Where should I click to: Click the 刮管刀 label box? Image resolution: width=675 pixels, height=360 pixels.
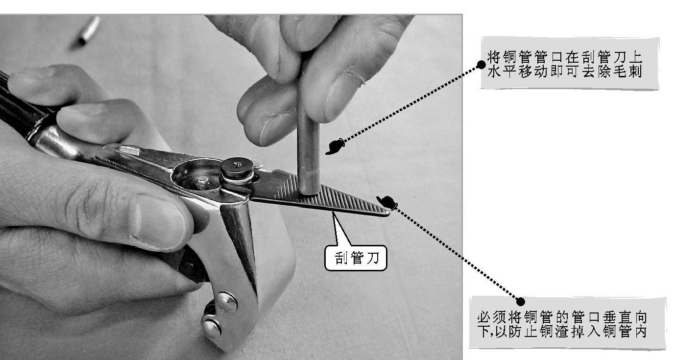click(x=356, y=258)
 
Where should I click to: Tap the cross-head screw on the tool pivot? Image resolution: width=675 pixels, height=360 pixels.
click(x=237, y=166)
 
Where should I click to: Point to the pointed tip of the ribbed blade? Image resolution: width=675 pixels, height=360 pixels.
click(x=388, y=214)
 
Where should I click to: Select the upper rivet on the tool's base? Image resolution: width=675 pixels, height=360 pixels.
click(x=227, y=301)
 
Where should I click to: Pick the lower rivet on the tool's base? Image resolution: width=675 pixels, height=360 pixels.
click(x=212, y=328)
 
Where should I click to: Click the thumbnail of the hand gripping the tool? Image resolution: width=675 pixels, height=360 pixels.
click(x=159, y=221)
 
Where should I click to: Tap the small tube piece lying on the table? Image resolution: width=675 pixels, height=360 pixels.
click(x=87, y=32)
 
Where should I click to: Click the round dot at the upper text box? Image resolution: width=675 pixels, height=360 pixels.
click(x=481, y=65)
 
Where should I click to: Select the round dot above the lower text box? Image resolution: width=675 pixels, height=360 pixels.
click(x=520, y=302)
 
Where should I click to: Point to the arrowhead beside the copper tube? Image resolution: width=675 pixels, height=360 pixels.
click(x=336, y=147)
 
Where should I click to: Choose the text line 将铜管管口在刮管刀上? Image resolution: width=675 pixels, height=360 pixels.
click(x=565, y=57)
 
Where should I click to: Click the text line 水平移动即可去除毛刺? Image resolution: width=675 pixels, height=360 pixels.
click(x=565, y=72)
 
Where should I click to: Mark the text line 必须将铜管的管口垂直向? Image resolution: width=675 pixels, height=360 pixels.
click(x=562, y=317)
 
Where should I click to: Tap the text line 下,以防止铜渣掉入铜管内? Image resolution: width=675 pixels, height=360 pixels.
click(x=562, y=332)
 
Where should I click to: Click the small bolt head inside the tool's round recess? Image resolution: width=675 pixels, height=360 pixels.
click(x=202, y=183)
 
